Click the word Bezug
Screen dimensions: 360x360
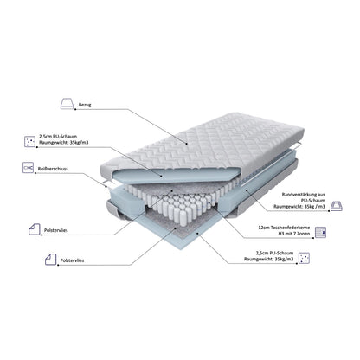[x=85, y=105]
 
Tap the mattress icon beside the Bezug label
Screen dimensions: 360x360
[x=67, y=104]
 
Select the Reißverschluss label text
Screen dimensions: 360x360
[x=53, y=169]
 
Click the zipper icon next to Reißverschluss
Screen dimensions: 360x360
[x=29, y=168]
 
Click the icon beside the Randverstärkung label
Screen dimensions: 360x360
[x=337, y=206]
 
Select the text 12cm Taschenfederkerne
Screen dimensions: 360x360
[x=284, y=228]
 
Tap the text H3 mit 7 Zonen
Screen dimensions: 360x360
[x=294, y=234]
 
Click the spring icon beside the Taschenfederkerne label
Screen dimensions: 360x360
[x=320, y=232]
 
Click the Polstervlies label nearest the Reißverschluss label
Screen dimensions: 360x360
[x=56, y=230]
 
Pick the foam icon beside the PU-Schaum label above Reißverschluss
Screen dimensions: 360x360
[x=30, y=141]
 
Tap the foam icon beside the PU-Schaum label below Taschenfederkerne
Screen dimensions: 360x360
[x=304, y=258]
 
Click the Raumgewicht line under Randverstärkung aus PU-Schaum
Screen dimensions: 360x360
[x=299, y=207]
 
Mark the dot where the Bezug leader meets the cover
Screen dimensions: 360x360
[x=187, y=144]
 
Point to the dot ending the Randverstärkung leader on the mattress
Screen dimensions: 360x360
[x=247, y=190]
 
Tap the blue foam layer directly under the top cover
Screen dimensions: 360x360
[x=176, y=175]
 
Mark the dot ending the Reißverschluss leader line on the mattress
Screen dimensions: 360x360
[x=106, y=186]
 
